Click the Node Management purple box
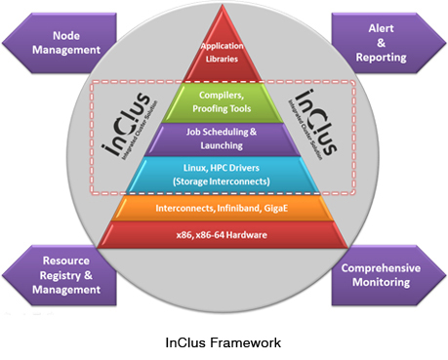coord(61,43)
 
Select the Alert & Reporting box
coord(388,43)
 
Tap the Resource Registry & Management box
coord(61,275)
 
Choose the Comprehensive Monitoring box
coord(388,275)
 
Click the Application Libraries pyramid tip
coord(223,52)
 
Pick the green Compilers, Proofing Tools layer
coord(223,102)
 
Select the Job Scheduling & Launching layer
coord(223,140)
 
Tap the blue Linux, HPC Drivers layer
coord(223,175)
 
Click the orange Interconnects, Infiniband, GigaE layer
coord(223,208)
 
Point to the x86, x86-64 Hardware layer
coord(223,235)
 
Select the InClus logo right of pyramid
coord(313,124)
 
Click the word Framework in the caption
coord(245,342)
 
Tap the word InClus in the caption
coord(185,342)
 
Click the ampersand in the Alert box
coord(381,43)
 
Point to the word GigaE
coord(276,208)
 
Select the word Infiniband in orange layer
coord(239,208)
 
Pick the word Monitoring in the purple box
coord(381,282)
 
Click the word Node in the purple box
coord(66,35)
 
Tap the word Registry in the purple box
coord(61,276)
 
